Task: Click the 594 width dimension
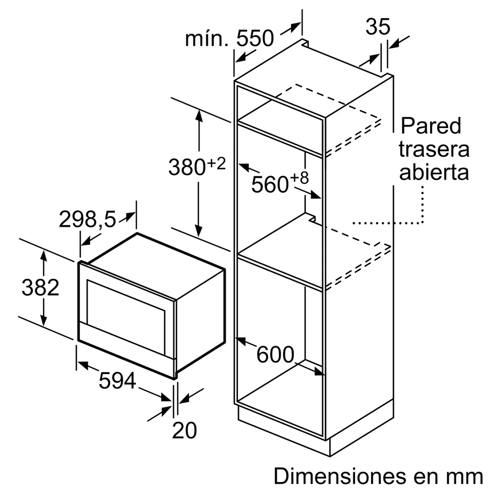117,381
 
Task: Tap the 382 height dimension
40,287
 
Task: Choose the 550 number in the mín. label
255,38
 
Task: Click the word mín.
206,38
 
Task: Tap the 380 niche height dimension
187,167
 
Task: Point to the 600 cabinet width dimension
275,355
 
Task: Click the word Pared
431,126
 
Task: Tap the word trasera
434,149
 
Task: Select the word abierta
434,172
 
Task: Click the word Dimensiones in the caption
340,476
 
